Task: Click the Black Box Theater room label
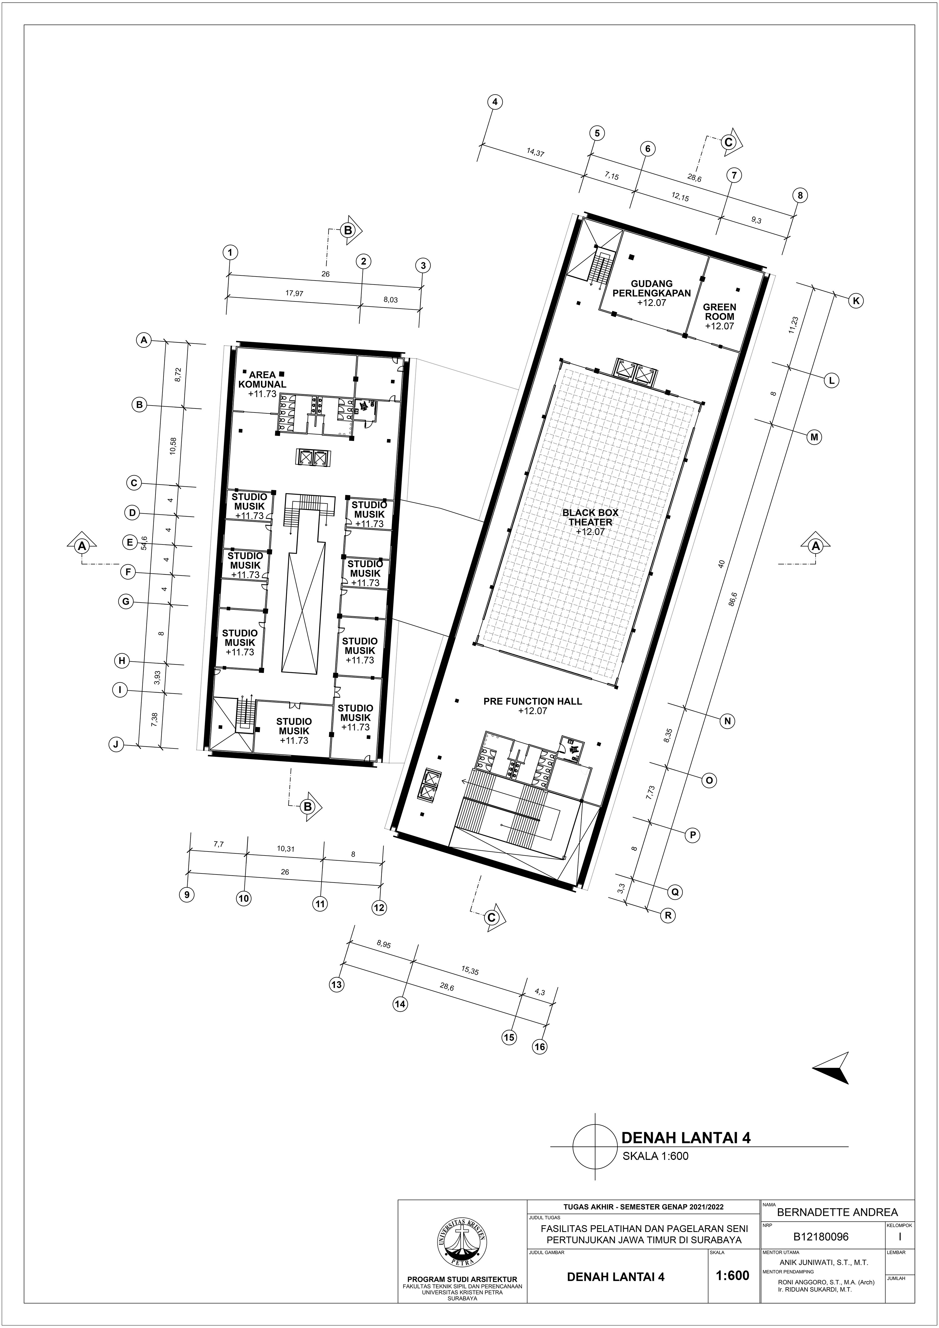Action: click(590, 517)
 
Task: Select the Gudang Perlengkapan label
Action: click(652, 288)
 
